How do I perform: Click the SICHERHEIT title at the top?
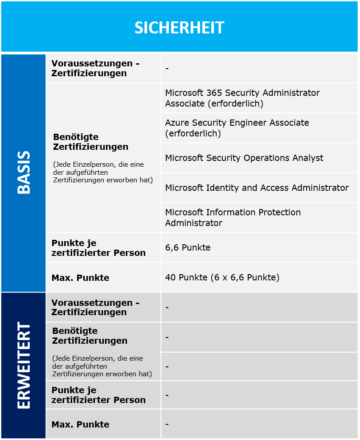[x=180, y=28]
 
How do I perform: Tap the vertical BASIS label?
[x=24, y=173]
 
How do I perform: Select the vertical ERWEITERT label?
[x=24, y=366]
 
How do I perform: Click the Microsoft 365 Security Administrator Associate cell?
[x=242, y=98]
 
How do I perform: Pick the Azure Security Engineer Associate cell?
[x=237, y=128]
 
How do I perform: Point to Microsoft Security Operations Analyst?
[x=244, y=158]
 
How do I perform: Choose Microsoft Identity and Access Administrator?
[x=257, y=188]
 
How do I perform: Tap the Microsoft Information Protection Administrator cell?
[x=233, y=218]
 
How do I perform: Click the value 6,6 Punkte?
[x=188, y=247]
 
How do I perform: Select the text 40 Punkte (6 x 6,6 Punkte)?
[x=222, y=277]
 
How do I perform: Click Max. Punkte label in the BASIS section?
[x=80, y=278]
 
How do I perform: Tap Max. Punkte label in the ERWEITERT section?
[x=80, y=424]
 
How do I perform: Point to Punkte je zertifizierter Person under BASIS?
[x=98, y=248]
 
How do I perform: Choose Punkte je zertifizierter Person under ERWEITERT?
[x=98, y=395]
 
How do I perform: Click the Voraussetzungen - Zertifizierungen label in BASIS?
[x=95, y=68]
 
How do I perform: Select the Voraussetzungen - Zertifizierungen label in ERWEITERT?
[x=95, y=307]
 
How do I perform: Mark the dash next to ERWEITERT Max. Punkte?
[x=167, y=424]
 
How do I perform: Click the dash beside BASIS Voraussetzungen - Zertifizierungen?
[x=167, y=69]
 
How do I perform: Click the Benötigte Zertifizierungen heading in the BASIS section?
[x=90, y=142]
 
